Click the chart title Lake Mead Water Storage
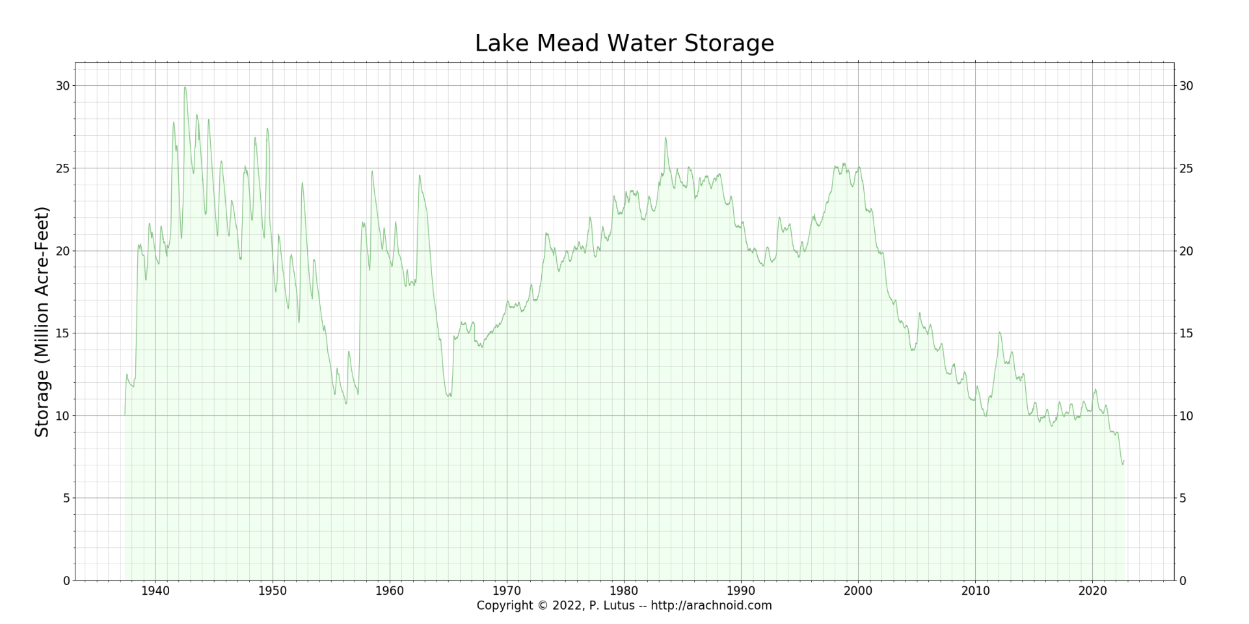[x=624, y=44]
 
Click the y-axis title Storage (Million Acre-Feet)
[x=42, y=322]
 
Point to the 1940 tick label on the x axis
[x=155, y=591]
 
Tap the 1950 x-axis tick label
[x=273, y=591]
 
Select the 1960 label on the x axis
[x=390, y=591]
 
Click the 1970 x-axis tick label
[x=507, y=591]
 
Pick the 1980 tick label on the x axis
[x=624, y=591]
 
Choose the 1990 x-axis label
[x=741, y=591]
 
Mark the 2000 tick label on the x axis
[x=858, y=591]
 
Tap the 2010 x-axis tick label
[x=975, y=591]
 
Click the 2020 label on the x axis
[x=1092, y=591]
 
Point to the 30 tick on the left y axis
[x=62, y=86]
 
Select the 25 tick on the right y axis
[x=1187, y=168]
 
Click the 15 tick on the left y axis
[x=62, y=333]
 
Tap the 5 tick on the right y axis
[x=1183, y=499]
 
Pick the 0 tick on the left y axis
[x=66, y=581]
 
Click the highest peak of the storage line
[x=185, y=87]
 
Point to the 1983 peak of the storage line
[x=665, y=137]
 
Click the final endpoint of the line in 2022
[x=1123, y=461]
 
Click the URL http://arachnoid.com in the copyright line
[x=711, y=606]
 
